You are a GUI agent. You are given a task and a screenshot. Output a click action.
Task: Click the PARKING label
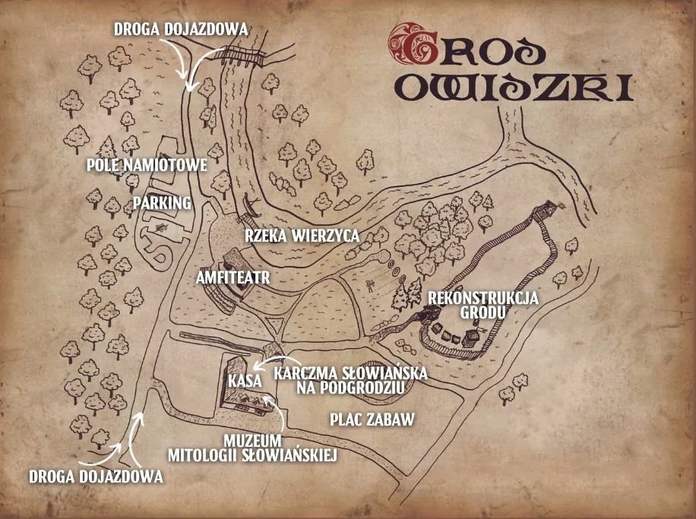pos(162,204)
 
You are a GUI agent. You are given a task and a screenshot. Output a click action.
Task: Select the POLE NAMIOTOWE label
pos(146,165)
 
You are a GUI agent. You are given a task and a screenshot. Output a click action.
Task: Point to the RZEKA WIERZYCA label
pos(302,236)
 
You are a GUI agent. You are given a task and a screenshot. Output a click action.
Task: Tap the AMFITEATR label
pos(233,276)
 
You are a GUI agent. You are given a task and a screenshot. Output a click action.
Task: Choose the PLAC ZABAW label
pos(372,419)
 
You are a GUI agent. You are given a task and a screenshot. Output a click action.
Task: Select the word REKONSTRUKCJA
pos(483,298)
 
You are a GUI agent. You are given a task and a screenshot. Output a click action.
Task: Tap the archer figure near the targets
pos(369,286)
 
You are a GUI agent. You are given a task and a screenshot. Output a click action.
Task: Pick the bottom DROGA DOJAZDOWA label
pos(96,477)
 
